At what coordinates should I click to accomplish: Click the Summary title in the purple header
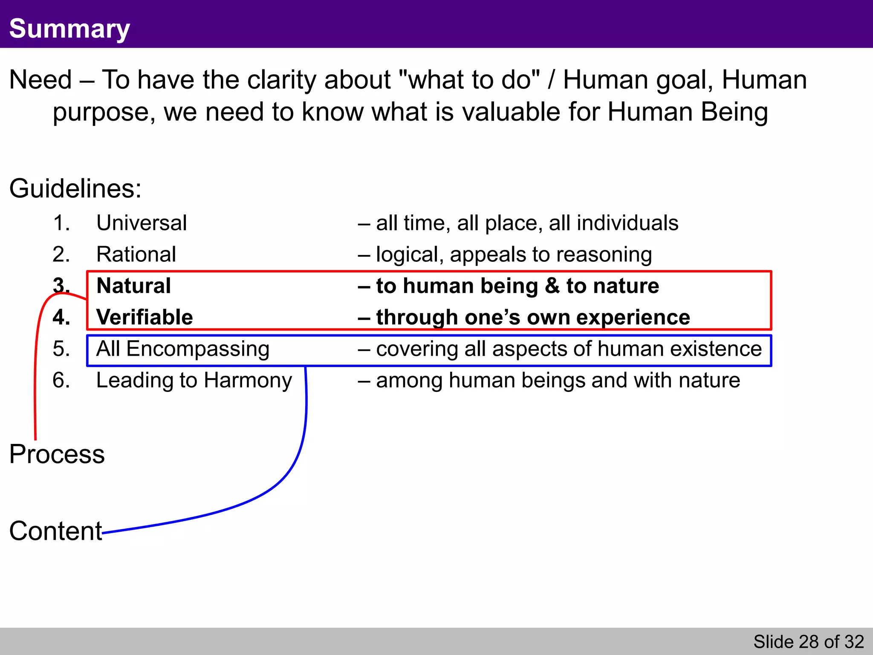[x=69, y=29]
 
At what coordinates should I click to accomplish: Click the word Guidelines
[x=75, y=188]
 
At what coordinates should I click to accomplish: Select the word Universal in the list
[x=142, y=223]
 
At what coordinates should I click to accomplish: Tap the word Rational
[x=136, y=255]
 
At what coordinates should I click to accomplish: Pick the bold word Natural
[x=133, y=286]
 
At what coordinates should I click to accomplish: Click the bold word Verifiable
[x=145, y=317]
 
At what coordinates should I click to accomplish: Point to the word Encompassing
[x=198, y=349]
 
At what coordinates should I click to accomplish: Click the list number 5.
[x=61, y=349]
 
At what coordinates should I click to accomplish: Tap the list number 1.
[x=61, y=223]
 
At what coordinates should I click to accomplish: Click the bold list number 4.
[x=61, y=317]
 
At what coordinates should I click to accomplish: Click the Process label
[x=57, y=454]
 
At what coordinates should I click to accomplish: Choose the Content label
[x=55, y=531]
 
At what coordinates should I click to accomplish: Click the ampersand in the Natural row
[x=552, y=286]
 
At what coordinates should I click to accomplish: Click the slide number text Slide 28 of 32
[x=808, y=642]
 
